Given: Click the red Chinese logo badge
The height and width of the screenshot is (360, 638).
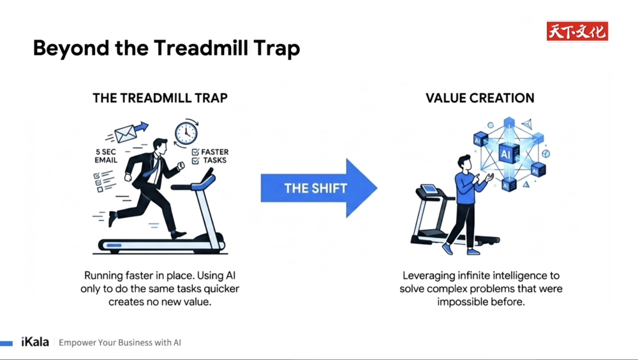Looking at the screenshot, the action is click(x=577, y=31).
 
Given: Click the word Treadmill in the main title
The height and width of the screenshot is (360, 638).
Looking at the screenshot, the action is click(x=202, y=48).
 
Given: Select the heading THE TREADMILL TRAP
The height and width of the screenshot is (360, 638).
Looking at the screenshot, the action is click(x=160, y=98).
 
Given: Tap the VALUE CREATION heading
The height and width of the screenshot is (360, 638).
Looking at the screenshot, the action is click(x=480, y=98).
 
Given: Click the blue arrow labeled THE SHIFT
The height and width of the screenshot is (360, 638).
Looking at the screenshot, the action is click(x=319, y=188).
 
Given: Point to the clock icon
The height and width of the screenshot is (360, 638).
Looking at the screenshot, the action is click(x=186, y=133).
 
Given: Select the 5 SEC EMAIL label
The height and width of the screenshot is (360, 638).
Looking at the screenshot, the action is click(x=106, y=156).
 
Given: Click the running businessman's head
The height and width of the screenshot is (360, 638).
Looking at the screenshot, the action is click(x=160, y=147).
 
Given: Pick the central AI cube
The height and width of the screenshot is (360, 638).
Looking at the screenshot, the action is click(x=508, y=154).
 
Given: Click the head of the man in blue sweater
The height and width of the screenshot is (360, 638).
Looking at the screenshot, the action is click(x=464, y=163).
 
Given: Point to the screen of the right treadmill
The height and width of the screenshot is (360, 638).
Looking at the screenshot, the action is click(x=429, y=189).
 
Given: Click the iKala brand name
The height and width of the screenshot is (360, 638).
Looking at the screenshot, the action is click(x=35, y=341).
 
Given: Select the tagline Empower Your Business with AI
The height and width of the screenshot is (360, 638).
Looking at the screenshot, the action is click(x=120, y=343).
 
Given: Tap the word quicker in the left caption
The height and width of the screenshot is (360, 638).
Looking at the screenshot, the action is click(x=221, y=289).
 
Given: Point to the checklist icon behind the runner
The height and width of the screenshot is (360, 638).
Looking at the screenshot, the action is click(x=103, y=181).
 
